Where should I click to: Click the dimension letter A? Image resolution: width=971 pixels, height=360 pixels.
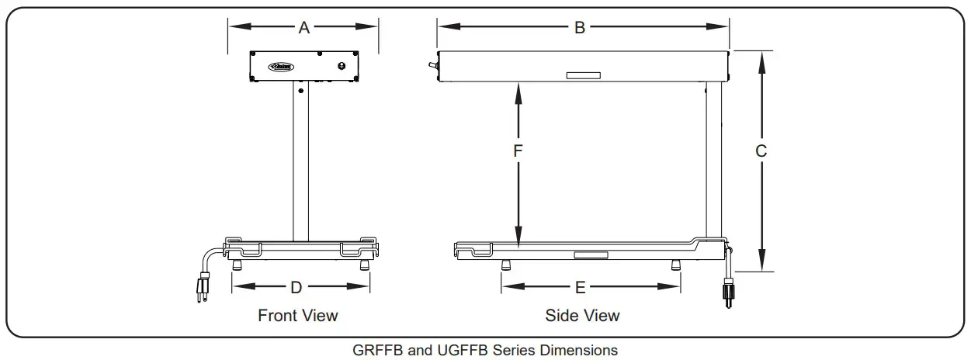tap(304, 28)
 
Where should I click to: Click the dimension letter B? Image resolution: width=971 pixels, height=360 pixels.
tap(580, 28)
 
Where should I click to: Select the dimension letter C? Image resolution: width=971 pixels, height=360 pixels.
tap(761, 151)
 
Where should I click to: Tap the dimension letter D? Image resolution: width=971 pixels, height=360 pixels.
tap(296, 288)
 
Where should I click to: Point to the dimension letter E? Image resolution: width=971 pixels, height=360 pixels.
tap(580, 288)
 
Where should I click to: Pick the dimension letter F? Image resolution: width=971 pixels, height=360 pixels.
tap(518, 151)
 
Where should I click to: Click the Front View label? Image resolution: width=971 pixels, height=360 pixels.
tap(298, 316)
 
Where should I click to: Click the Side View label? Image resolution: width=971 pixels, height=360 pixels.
tap(582, 316)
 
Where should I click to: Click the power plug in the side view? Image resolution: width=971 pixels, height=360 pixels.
tap(728, 293)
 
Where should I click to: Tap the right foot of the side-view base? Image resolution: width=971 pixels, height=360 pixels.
tap(675, 265)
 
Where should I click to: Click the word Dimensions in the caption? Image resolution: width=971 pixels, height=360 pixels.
tap(580, 351)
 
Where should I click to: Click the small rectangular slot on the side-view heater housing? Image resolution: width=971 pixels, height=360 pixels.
tap(583, 75)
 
